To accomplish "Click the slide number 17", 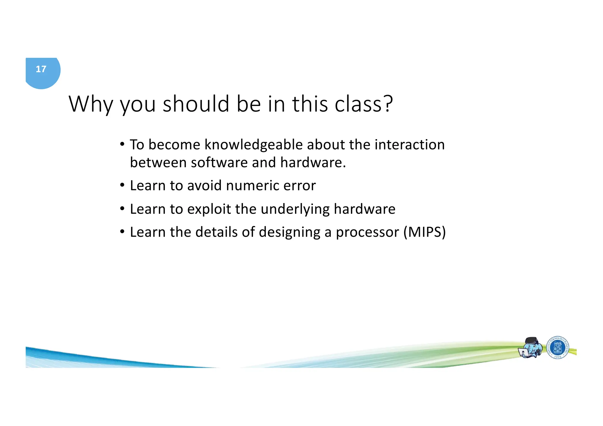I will [x=41, y=69].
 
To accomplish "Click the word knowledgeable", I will [x=254, y=145].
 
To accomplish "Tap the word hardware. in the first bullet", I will [x=313, y=163].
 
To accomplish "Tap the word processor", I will [x=367, y=232].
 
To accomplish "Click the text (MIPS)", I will [x=425, y=232].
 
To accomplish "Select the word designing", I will [x=289, y=232].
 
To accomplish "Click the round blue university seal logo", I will [x=558, y=348].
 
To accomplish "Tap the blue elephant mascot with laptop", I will [x=531, y=348].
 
